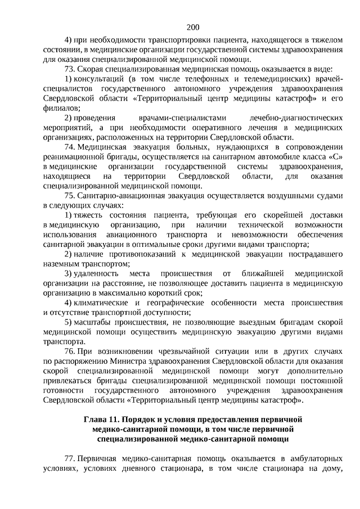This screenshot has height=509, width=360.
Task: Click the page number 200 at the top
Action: pos(192,27)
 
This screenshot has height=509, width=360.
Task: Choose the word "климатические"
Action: pos(107,301)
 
